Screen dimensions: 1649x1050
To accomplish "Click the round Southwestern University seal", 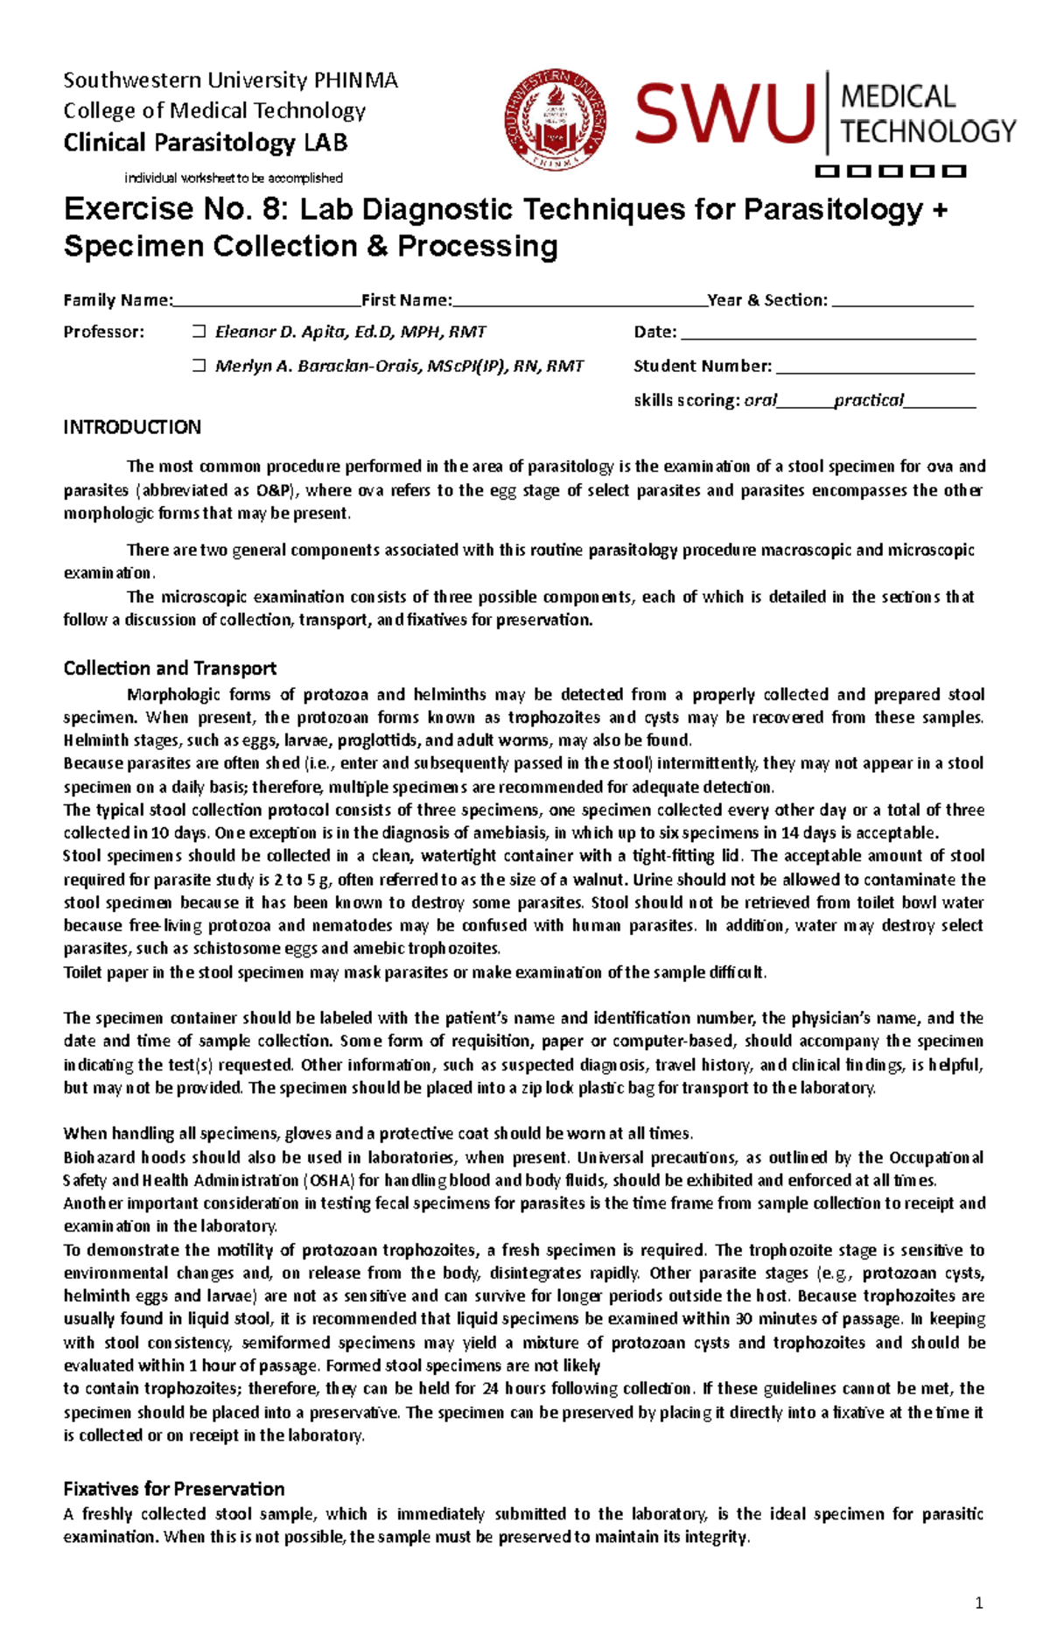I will pyautogui.click(x=556, y=121).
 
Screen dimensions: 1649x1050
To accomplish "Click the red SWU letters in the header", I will pyautogui.click(x=724, y=115).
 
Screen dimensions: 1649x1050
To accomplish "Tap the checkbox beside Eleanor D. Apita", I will pyautogui.click(x=199, y=332).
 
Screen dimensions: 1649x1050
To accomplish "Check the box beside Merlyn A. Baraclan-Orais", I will pyautogui.click(x=199, y=366).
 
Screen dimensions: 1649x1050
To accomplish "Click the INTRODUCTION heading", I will pyautogui.click(x=132, y=427).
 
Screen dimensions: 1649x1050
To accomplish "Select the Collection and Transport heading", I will pyautogui.click(x=170, y=669).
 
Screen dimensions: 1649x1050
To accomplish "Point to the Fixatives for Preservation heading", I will pyautogui.click(x=174, y=1489).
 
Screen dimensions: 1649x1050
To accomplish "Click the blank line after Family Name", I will pyautogui.click(x=267, y=301).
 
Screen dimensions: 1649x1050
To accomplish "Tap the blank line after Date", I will pyautogui.click(x=828, y=333).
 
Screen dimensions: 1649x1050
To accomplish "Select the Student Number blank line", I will pyautogui.click(x=875, y=368).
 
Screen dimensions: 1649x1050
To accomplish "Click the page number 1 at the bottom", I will pyautogui.click(x=979, y=1603).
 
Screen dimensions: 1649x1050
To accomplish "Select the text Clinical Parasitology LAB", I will pyautogui.click(x=205, y=143).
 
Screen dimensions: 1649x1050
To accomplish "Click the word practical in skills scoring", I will pyautogui.click(x=868, y=401).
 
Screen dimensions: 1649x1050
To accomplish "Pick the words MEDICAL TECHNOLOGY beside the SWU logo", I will pyautogui.click(x=927, y=115).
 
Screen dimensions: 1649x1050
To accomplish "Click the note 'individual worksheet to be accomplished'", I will pyautogui.click(x=233, y=179).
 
